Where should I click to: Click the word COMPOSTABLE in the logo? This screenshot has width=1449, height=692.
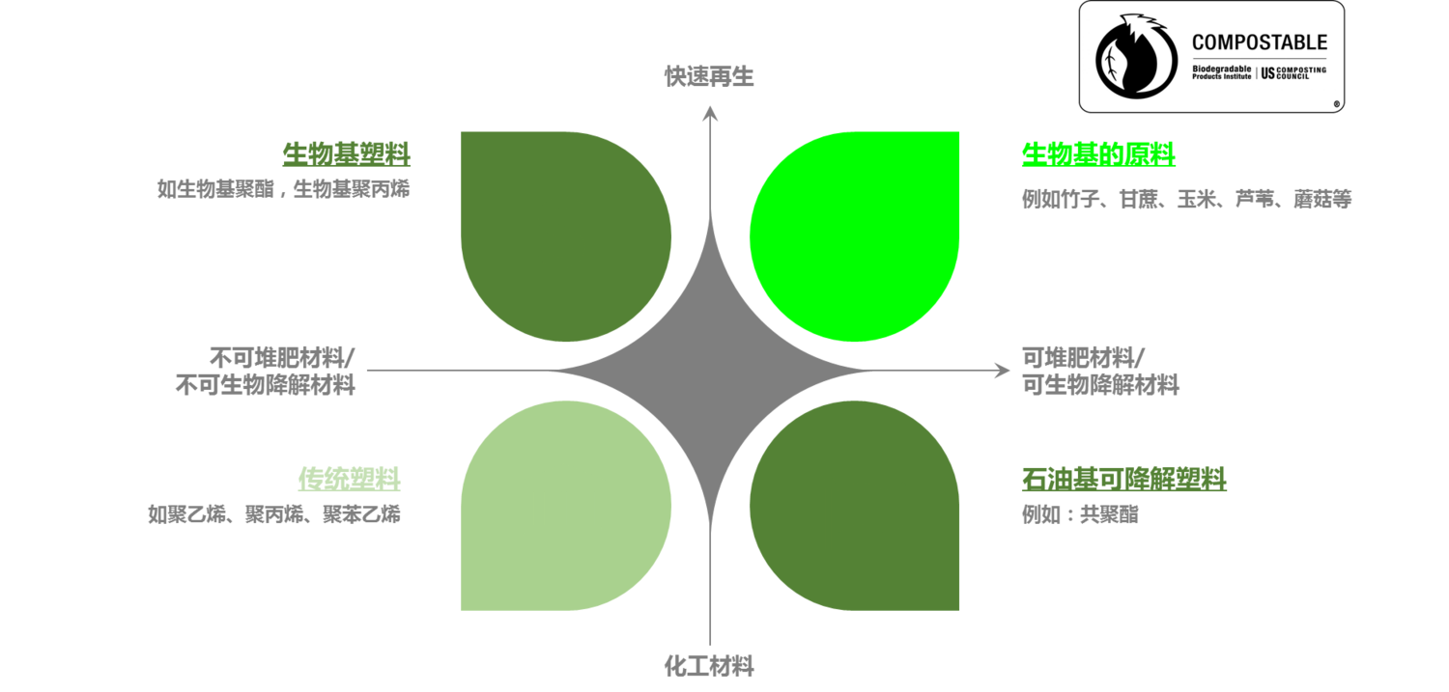pyautogui.click(x=1259, y=42)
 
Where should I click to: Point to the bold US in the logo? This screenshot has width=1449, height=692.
pyautogui.click(x=1268, y=72)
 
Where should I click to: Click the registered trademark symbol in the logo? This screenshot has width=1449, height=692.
pyautogui.click(x=1337, y=103)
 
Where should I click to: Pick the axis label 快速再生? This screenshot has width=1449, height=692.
pyautogui.click(x=709, y=76)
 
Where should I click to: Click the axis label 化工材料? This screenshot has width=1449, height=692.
pyautogui.click(x=709, y=665)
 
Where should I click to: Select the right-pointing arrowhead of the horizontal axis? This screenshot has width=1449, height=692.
pyautogui.click(x=1004, y=371)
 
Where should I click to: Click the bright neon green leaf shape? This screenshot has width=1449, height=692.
pyautogui.click(x=854, y=236)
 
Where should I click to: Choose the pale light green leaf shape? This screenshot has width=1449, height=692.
pyautogui.click(x=566, y=505)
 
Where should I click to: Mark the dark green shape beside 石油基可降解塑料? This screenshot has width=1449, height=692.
pyautogui.click(x=854, y=505)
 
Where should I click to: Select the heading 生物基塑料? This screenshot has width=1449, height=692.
pyautogui.click(x=347, y=153)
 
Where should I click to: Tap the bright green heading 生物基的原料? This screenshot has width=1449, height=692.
pyautogui.click(x=1098, y=153)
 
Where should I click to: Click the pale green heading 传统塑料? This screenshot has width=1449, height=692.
pyautogui.click(x=350, y=478)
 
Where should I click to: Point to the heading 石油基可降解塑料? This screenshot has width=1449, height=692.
pyautogui.click(x=1124, y=478)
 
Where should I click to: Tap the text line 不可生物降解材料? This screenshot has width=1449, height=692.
pyautogui.click(x=265, y=385)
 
